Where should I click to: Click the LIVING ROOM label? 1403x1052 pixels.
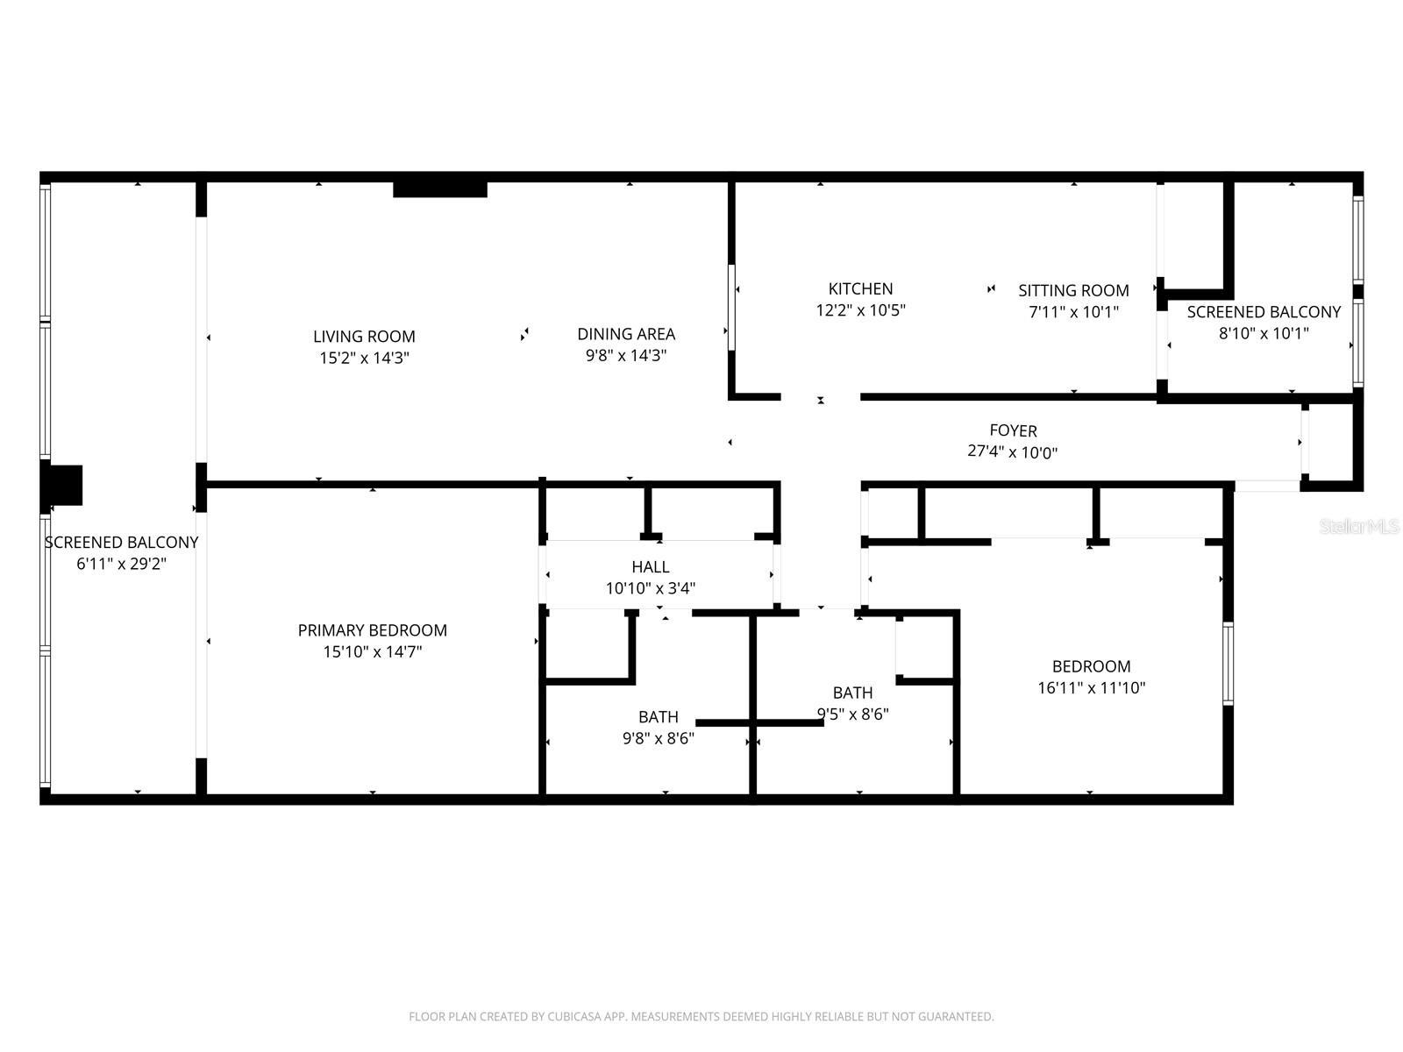tap(364, 337)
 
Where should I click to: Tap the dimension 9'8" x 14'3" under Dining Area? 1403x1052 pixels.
tap(626, 356)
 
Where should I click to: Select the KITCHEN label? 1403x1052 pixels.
tap(860, 288)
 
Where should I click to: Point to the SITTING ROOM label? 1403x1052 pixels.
tap(1073, 290)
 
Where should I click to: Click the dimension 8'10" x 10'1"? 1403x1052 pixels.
tap(1264, 333)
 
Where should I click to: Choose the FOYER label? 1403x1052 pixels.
tap(1013, 430)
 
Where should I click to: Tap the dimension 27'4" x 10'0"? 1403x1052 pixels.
tap(1013, 452)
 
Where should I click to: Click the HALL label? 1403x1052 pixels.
tap(650, 567)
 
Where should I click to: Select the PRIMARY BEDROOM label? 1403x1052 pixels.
tap(372, 630)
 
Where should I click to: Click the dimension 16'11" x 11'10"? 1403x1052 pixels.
tap(1091, 688)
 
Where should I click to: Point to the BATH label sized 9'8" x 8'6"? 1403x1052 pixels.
tap(658, 717)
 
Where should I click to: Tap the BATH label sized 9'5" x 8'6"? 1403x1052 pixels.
tap(852, 693)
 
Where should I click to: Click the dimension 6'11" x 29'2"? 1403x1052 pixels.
tap(121, 565)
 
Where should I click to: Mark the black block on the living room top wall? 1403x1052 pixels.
tap(439, 188)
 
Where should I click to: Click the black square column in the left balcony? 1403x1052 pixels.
tap(63, 485)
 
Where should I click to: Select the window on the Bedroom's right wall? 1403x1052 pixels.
tap(1228, 664)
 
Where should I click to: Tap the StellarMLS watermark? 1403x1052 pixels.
tap(1359, 526)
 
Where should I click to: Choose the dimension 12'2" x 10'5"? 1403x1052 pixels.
tap(860, 310)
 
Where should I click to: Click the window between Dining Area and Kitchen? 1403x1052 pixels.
tap(731, 307)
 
